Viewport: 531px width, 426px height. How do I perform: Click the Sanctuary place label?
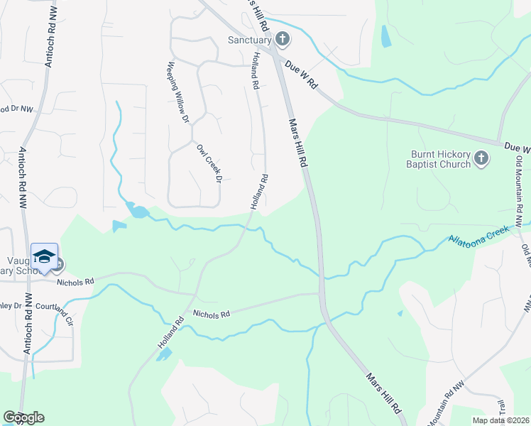point(249,40)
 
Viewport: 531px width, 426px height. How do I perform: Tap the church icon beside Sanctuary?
point(283,39)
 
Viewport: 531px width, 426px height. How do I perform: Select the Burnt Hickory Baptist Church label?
point(441,159)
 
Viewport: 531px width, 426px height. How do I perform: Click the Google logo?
point(23,417)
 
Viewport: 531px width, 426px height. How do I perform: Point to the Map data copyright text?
point(499,420)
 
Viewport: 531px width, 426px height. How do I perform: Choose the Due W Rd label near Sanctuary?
point(302,74)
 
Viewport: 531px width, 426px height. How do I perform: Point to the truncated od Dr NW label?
point(16,109)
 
